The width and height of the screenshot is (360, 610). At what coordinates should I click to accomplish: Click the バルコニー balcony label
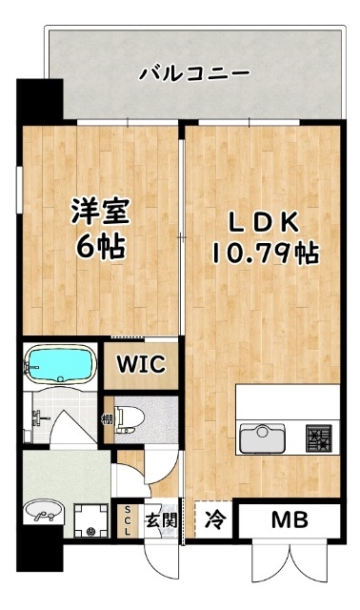point(194,72)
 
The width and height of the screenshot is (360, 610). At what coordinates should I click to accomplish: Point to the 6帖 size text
point(98,248)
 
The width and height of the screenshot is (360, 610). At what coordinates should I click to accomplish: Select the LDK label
point(264,222)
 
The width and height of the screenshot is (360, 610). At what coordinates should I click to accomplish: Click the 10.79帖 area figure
point(264,254)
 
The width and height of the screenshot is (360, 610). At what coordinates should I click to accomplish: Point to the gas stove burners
point(316,438)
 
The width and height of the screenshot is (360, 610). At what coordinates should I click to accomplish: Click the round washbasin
point(43,515)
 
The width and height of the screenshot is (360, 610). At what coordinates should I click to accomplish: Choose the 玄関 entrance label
point(159,520)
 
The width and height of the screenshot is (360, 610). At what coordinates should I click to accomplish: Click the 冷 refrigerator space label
point(216,520)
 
